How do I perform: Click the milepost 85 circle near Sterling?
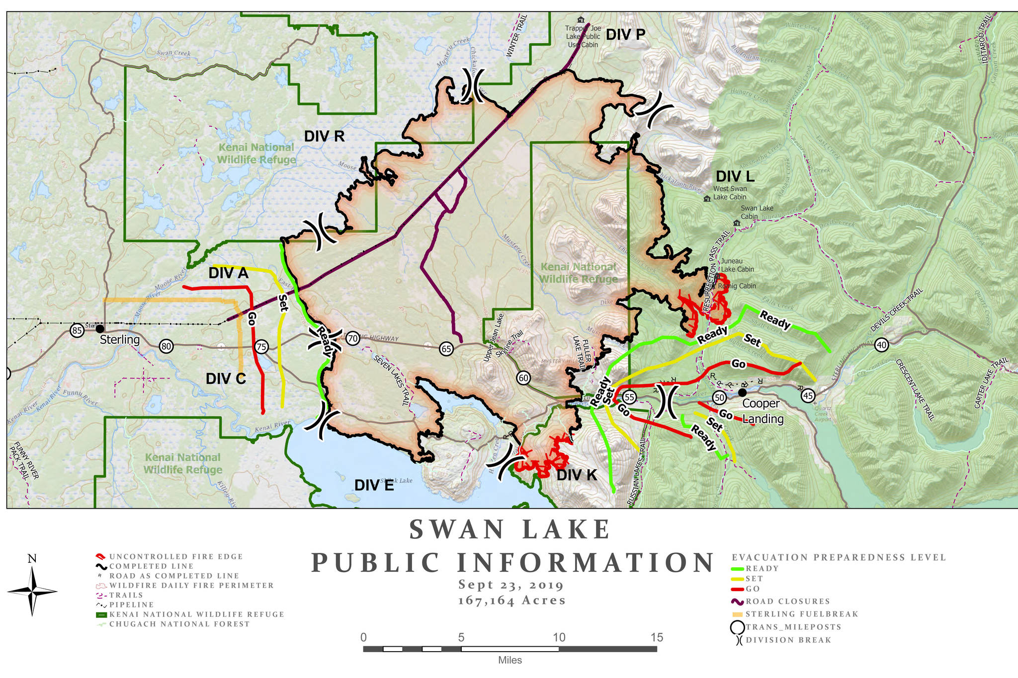coord(77,330)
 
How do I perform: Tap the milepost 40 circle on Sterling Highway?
coord(881,345)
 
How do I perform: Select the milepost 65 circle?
coord(446,349)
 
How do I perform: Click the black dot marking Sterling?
coord(100,329)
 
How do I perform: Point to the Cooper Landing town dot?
coord(743,392)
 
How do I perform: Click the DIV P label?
coord(625,35)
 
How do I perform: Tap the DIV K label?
coord(577,475)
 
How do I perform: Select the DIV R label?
coord(324,137)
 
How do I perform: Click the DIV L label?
coord(735,176)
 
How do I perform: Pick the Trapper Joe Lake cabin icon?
coord(581,20)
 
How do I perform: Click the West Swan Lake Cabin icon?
coord(707,199)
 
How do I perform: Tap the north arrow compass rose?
coord(32,591)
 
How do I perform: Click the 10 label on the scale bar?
coord(559,637)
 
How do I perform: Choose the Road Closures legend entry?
coord(787,602)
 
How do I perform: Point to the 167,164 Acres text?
coord(512,601)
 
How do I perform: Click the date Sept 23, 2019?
coord(511,585)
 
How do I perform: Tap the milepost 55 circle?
coord(630,397)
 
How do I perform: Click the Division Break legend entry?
coord(788,640)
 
